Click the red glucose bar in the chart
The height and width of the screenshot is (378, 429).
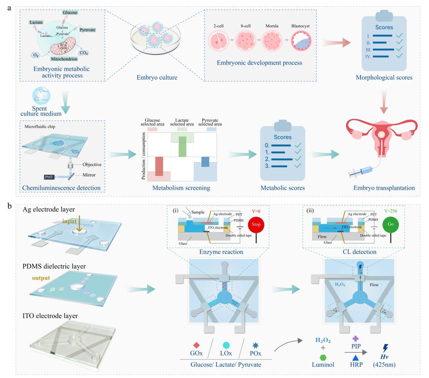(x=158, y=166)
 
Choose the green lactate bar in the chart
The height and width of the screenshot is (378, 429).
(x=182, y=146)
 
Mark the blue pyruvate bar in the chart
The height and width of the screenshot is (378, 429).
(x=205, y=161)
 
